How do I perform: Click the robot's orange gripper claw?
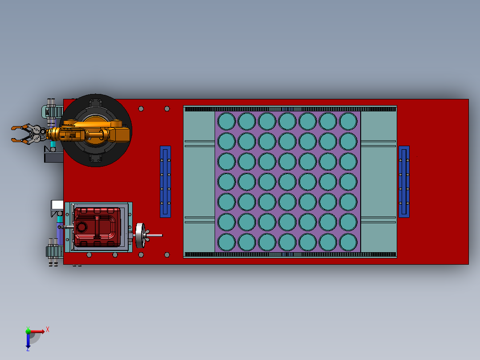[x=22, y=134]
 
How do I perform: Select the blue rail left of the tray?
[x=165, y=182]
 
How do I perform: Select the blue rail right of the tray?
[x=404, y=182]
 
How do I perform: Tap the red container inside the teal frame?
[x=97, y=227]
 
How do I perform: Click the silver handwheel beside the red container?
[x=140, y=235]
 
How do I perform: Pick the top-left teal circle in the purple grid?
[x=227, y=121]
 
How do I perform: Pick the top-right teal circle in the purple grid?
[x=348, y=121]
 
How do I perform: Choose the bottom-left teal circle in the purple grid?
[x=227, y=242]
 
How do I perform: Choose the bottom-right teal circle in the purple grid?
[x=348, y=242]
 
